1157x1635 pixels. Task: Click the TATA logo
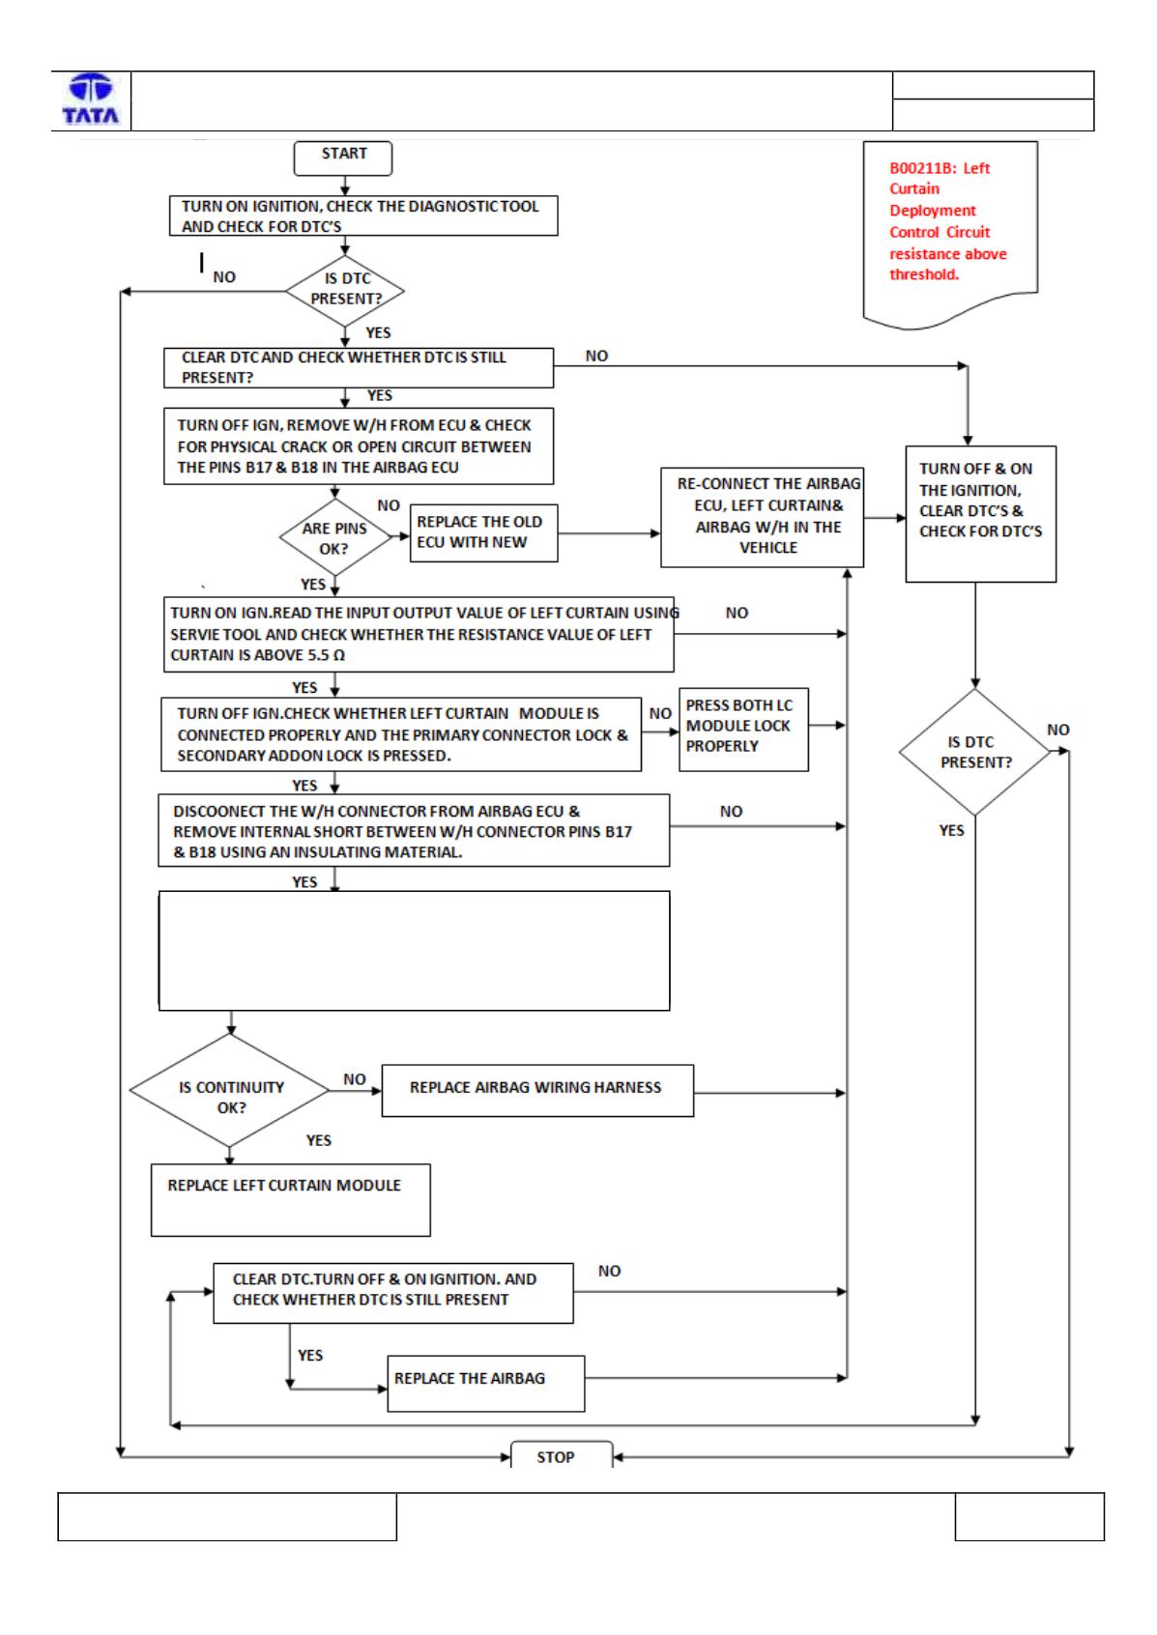point(91,99)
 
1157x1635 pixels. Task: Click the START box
point(343,158)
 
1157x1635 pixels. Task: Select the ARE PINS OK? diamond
point(335,538)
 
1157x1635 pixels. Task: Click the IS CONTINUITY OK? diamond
point(230,1091)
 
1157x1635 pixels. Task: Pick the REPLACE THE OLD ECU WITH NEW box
point(484,532)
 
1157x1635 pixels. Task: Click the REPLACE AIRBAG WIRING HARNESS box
point(538,1091)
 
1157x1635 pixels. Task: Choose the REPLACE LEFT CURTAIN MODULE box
point(291,1200)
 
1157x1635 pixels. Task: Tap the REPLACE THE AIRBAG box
point(486,1384)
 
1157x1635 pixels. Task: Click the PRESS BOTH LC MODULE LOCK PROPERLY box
point(744,730)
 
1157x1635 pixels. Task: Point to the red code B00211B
point(922,168)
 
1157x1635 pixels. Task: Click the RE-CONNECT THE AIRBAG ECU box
point(762,518)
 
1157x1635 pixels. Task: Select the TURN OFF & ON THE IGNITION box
point(981,514)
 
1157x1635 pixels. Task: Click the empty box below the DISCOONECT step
point(414,950)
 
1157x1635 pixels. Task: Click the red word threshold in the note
point(923,274)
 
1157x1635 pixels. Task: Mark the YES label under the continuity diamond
point(318,1140)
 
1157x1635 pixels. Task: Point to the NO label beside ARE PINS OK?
point(389,505)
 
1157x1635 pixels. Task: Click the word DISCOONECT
point(217,811)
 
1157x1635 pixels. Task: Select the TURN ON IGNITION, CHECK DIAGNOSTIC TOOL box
point(363,215)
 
